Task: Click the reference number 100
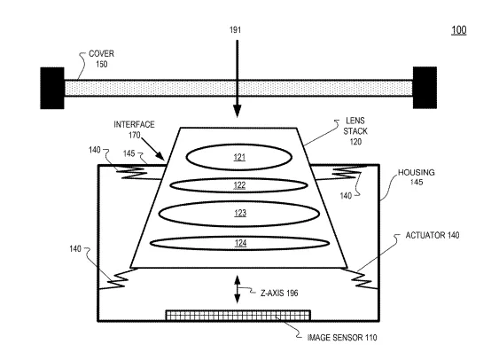coord(459,30)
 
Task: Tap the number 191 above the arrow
coord(235,30)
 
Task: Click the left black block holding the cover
coord(52,88)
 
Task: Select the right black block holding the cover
coord(425,88)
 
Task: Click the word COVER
coord(101,53)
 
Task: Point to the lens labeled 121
coord(239,157)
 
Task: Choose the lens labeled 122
coord(239,185)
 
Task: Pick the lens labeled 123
coord(239,214)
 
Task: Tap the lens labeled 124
coord(239,244)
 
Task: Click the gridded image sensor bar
coord(238,315)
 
